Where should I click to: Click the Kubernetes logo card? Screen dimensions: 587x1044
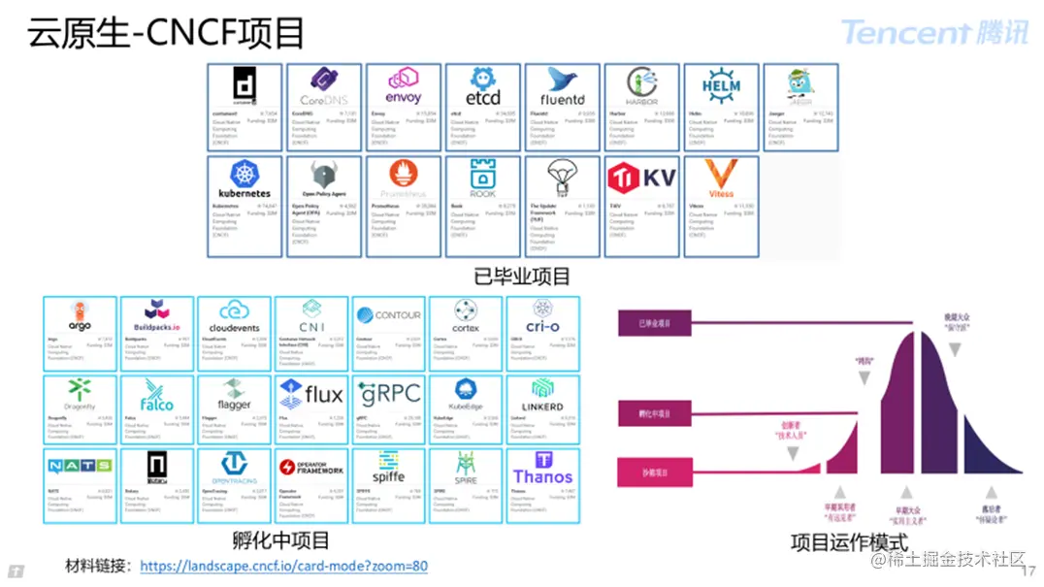point(245,207)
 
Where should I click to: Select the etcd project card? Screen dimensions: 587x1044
point(482,108)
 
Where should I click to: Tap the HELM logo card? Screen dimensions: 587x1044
point(721,108)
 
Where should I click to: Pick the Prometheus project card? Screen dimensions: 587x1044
point(403,207)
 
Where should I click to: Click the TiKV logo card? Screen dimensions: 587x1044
point(641,207)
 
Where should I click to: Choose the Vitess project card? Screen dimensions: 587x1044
point(721,207)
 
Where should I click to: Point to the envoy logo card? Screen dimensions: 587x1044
point(403,108)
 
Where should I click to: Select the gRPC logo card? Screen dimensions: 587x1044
point(388,408)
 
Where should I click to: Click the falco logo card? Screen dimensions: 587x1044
point(157,408)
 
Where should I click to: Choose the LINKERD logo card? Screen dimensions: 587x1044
point(542,408)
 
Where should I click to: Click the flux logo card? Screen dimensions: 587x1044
point(310,408)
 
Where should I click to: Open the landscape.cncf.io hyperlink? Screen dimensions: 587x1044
point(283,566)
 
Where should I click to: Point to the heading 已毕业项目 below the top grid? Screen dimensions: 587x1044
point(522,277)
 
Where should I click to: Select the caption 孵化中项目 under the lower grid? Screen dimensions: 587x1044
point(281,540)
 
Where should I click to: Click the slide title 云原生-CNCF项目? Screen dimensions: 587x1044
point(166,33)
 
